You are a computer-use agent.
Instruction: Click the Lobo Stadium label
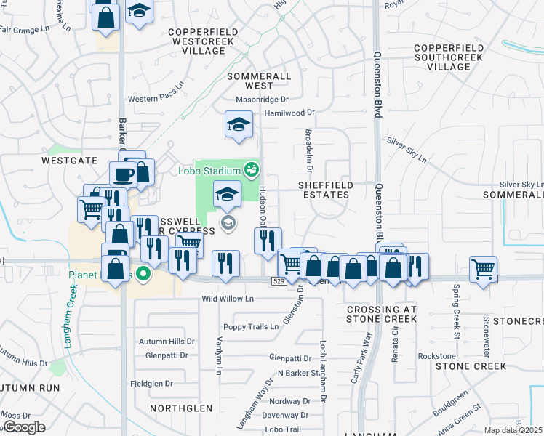[209, 171]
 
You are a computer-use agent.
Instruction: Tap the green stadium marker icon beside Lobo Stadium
[252, 170]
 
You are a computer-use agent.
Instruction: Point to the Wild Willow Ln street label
[228, 299]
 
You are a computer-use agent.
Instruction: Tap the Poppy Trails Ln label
[251, 327]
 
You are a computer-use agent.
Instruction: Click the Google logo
[24, 427]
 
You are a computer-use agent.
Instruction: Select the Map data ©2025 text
[513, 430]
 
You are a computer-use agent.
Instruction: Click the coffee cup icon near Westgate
[121, 174]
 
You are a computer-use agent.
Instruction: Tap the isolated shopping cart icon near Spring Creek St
[483, 269]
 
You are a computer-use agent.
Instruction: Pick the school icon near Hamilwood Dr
[239, 124]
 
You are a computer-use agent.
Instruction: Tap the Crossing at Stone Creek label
[381, 314]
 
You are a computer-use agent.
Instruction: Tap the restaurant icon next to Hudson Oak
[268, 240]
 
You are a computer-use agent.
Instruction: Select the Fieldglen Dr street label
[151, 383]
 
